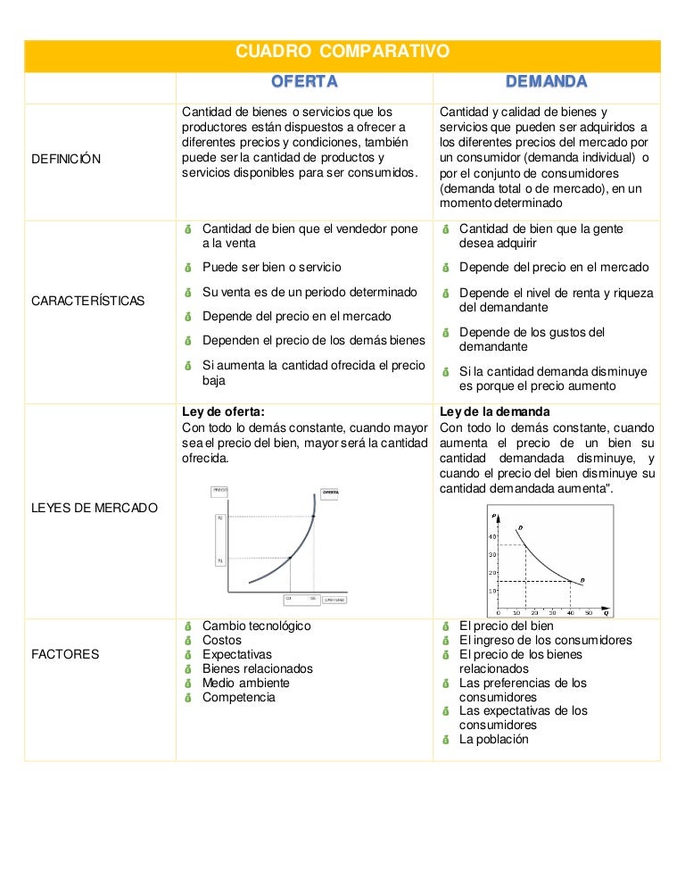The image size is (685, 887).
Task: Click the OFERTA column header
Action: [x=304, y=83]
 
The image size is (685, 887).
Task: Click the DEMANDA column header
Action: [x=546, y=83]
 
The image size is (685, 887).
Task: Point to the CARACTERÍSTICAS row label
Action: [x=87, y=301]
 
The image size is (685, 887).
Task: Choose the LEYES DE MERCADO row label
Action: [x=95, y=508]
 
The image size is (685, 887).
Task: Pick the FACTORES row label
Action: [x=65, y=654]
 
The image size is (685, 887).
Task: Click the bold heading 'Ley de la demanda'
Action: [x=495, y=411]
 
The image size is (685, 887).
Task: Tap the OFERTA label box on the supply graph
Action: [x=331, y=492]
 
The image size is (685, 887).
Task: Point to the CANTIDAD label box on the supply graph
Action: [x=334, y=600]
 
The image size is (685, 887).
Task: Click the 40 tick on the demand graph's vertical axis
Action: [x=491, y=536]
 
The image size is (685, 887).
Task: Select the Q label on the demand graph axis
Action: [x=607, y=613]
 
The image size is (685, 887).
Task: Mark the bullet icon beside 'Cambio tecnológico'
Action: [x=188, y=626]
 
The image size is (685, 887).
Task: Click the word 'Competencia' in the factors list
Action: [x=238, y=697]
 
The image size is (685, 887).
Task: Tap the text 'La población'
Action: [x=493, y=740]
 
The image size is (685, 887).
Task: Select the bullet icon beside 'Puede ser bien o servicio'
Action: [x=188, y=267]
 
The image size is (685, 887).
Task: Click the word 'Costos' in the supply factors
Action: [x=222, y=640]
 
